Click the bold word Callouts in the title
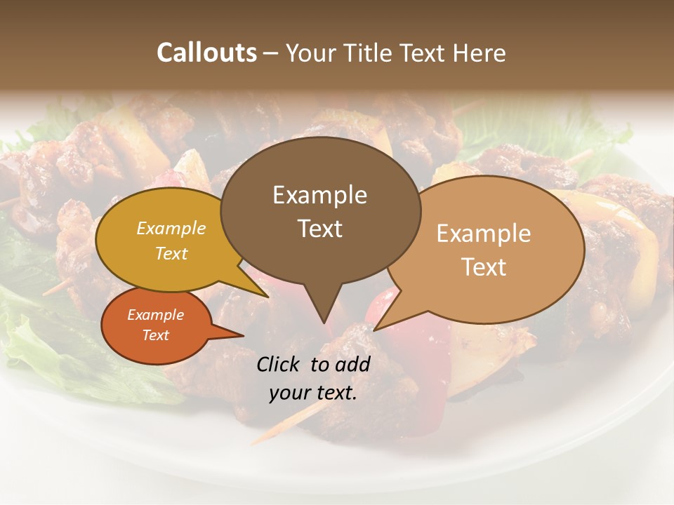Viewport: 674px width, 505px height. (206, 53)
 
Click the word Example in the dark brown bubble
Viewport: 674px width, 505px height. (319, 195)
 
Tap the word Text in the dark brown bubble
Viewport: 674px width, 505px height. (320, 229)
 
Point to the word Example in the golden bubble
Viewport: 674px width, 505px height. (171, 229)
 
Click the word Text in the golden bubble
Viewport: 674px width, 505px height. (171, 254)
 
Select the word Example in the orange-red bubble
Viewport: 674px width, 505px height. (155, 315)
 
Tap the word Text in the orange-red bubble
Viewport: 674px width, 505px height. (155, 335)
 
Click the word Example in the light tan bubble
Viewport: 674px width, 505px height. (484, 234)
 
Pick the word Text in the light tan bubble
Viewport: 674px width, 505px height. (484, 267)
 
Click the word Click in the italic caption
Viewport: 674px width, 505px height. (280, 364)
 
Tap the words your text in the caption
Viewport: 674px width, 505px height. (313, 393)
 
